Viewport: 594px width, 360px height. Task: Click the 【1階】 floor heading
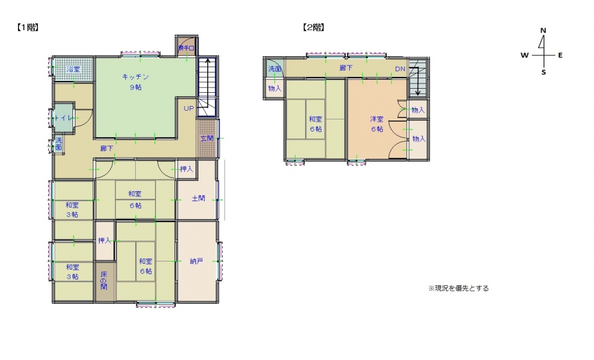pos(27,27)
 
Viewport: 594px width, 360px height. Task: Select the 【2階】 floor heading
pos(313,27)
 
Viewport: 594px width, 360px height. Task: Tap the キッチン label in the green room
pos(136,77)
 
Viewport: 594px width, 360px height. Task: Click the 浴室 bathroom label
pos(73,70)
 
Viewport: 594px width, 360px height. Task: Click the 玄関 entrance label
pos(207,139)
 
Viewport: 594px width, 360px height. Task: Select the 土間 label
pos(198,198)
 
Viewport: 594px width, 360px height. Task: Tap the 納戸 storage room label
pos(197,261)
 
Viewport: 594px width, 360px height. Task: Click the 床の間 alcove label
pos(104,281)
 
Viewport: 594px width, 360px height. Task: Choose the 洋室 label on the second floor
pos(377,119)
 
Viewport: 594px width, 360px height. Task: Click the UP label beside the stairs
pos(189,108)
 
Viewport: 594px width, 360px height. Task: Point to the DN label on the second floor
pos(400,69)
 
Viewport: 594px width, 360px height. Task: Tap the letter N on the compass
pos(543,30)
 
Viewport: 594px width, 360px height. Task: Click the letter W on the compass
pos(524,56)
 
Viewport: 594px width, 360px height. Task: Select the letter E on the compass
pos(560,56)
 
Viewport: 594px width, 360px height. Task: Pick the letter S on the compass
pos(544,72)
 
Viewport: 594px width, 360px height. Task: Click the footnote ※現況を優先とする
pos(458,288)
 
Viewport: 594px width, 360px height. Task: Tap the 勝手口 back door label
pos(186,47)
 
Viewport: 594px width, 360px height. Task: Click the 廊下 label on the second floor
pos(346,68)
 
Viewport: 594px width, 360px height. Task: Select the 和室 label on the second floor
pos(316,119)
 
